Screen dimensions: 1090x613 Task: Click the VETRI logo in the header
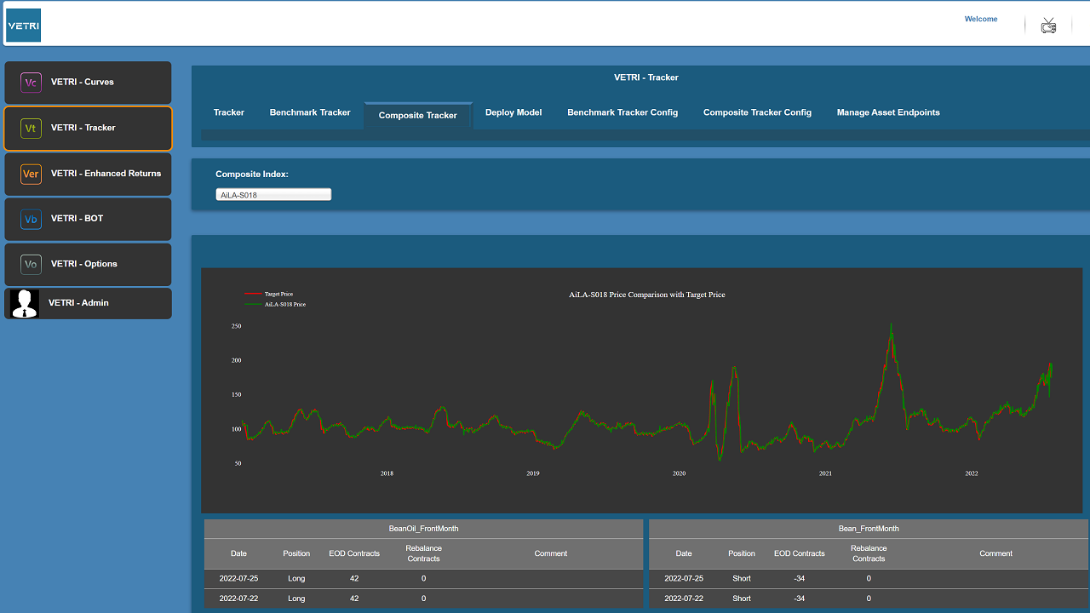23,26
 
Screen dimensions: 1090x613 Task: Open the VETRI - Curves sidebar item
88,83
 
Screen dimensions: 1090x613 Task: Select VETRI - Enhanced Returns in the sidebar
88,175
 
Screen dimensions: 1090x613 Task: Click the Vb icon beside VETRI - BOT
31,219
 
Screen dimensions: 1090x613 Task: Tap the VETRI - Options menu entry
88,264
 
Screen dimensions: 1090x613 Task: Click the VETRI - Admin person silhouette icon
25,304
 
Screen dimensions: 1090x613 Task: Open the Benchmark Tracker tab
310,112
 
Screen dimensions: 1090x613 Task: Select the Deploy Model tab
513,112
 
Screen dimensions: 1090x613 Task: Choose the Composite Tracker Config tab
757,112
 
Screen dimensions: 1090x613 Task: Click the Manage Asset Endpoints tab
888,112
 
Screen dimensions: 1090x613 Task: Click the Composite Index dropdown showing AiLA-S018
273,195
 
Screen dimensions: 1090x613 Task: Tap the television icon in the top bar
1048,26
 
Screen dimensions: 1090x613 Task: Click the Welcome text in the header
981,19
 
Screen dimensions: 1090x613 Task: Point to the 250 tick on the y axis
236,326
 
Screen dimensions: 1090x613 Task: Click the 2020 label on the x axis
679,473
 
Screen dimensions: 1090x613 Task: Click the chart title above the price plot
646,295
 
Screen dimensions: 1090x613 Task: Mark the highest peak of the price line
891,324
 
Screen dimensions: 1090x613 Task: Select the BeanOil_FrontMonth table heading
423,529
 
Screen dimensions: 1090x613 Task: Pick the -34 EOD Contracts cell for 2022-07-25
799,578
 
